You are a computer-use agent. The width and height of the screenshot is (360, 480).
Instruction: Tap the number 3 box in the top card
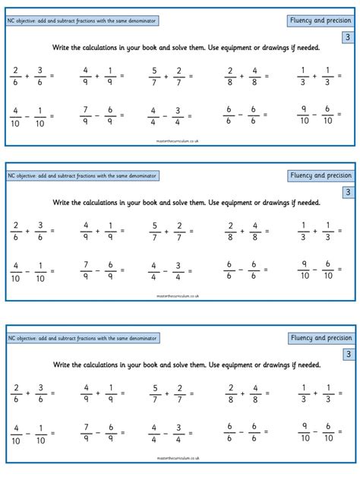click(347, 37)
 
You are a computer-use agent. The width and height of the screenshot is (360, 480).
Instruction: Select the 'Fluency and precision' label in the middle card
click(319, 175)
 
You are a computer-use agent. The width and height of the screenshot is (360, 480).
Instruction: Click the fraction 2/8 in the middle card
click(229, 231)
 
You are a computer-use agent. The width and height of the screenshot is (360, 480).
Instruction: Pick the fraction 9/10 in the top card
click(304, 115)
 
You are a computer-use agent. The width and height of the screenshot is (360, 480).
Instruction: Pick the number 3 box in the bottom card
click(347, 353)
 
